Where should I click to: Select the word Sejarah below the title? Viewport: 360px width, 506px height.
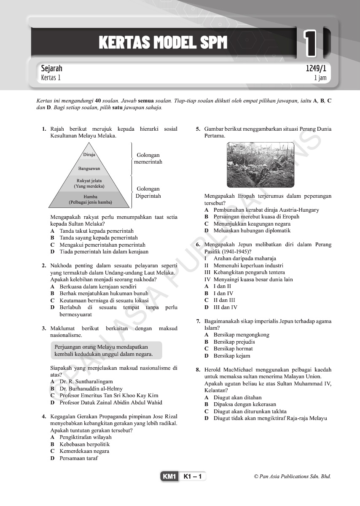[51, 68]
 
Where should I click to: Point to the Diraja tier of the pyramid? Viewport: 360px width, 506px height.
[89, 155]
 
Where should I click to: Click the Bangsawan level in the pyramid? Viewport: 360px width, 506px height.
[89, 168]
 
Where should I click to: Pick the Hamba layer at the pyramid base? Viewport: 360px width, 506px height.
[90, 199]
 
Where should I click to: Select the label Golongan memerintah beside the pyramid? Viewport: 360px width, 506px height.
[148, 159]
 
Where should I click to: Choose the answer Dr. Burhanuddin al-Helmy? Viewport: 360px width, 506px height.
[91, 389]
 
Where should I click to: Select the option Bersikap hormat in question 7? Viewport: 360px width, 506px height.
[233, 349]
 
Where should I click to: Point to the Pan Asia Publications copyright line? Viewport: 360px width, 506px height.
[292, 477]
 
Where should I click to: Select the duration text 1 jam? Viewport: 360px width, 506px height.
[320, 78]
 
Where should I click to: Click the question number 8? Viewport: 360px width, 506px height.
[198, 370]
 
